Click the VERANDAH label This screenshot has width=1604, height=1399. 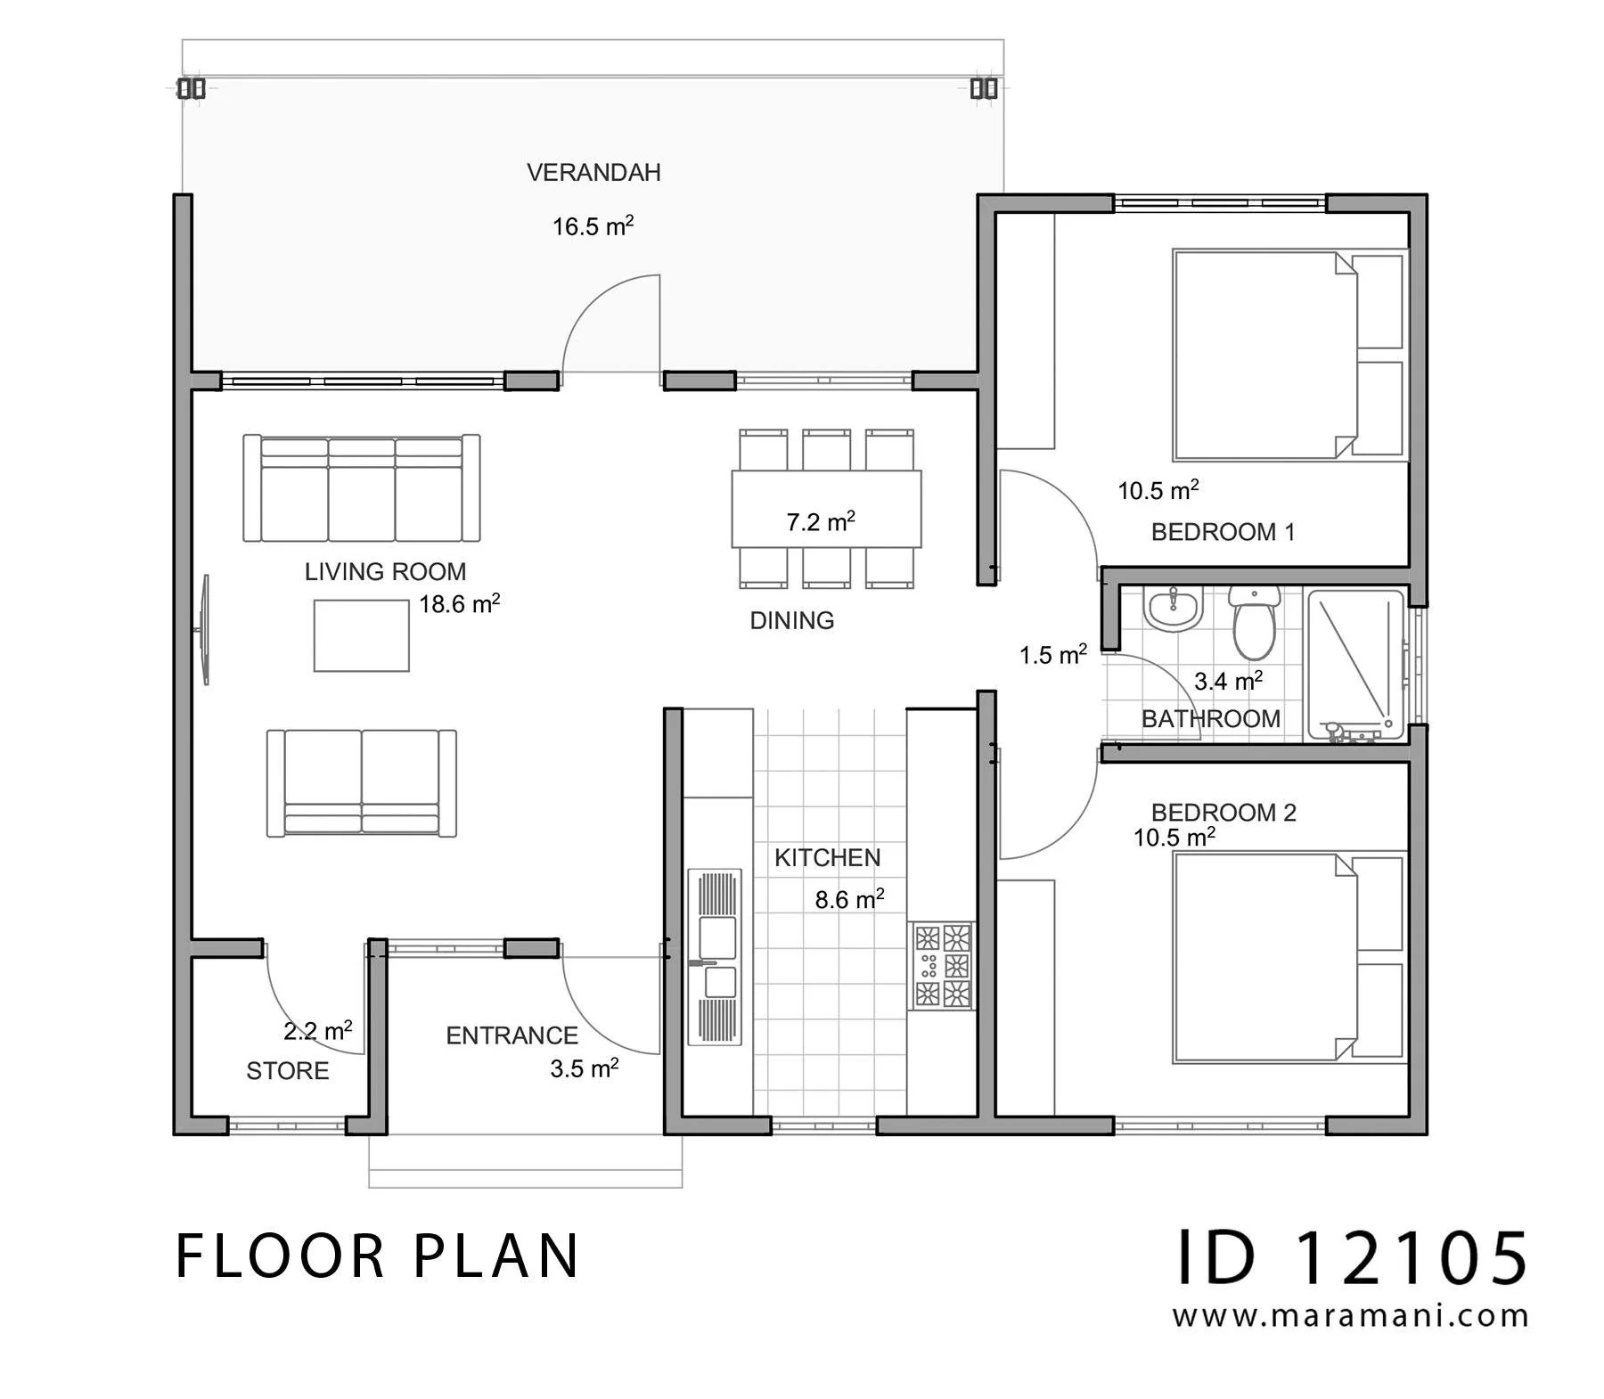click(x=593, y=172)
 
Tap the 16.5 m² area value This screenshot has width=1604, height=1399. click(x=593, y=225)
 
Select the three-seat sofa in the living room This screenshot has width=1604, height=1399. click(x=362, y=487)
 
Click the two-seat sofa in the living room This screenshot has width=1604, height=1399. click(x=362, y=783)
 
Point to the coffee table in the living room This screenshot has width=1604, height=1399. click(x=362, y=635)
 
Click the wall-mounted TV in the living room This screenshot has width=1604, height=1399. click(x=205, y=629)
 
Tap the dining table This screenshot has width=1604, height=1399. click(x=826, y=509)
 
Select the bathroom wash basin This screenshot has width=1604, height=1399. click(x=1174, y=609)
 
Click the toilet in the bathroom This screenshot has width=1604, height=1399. click(x=1254, y=621)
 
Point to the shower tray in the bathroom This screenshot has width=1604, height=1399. click(x=1355, y=665)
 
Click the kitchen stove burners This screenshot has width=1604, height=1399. click(x=942, y=966)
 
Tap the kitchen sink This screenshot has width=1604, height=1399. click(x=715, y=957)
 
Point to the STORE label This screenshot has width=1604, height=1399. click(x=288, y=1070)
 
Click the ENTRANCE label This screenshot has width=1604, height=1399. click(x=512, y=1035)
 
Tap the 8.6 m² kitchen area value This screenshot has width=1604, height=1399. click(x=849, y=898)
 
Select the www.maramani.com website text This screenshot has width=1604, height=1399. click(x=1350, y=1316)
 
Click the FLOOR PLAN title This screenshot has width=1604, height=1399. click(x=378, y=1256)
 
